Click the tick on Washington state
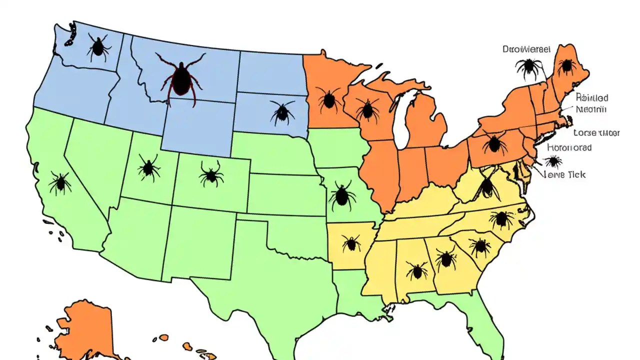98,47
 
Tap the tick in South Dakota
282,112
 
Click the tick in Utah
148,167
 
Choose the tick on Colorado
211,174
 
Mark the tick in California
60,182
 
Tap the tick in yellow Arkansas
351,243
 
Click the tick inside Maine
566,65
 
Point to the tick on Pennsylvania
494,143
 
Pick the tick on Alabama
416,271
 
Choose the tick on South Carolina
480,246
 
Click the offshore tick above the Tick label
553,161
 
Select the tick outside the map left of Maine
529,68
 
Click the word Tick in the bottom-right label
575,175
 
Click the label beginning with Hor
569,147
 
